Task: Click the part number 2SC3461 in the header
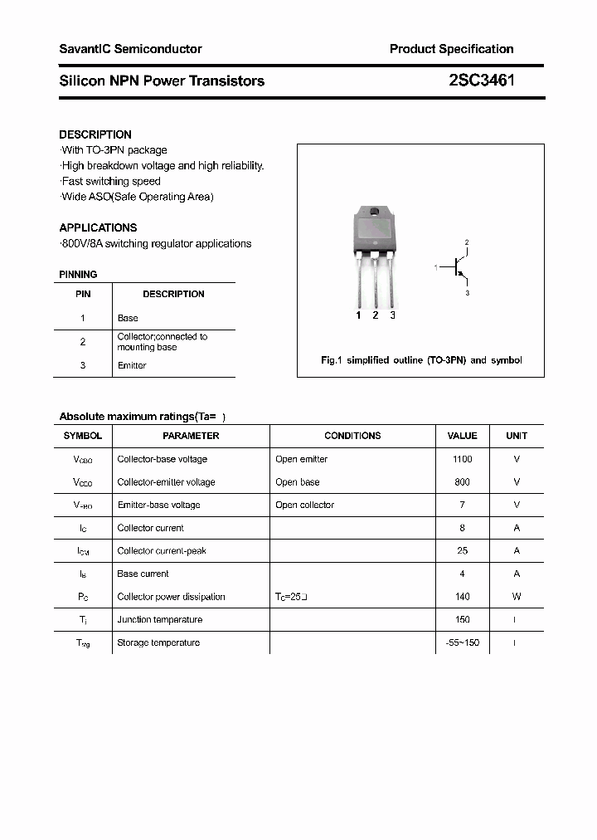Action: point(482,81)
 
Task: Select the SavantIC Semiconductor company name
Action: point(130,49)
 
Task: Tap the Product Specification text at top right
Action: point(451,49)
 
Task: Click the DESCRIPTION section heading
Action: point(95,134)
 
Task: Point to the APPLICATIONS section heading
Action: point(98,227)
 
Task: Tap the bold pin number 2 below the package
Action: point(376,315)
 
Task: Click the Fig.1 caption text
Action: point(421,360)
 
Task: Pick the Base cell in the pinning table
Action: point(128,318)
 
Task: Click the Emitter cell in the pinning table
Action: point(132,365)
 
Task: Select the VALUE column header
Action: point(462,436)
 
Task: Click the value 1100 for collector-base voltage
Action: point(462,459)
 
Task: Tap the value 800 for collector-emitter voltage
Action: point(462,482)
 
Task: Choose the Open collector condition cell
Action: point(304,505)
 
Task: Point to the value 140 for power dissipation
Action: point(462,597)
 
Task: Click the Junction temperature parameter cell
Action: point(160,619)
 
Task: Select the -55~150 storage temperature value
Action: point(462,642)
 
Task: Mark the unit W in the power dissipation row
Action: point(516,597)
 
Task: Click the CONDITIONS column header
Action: point(352,436)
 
